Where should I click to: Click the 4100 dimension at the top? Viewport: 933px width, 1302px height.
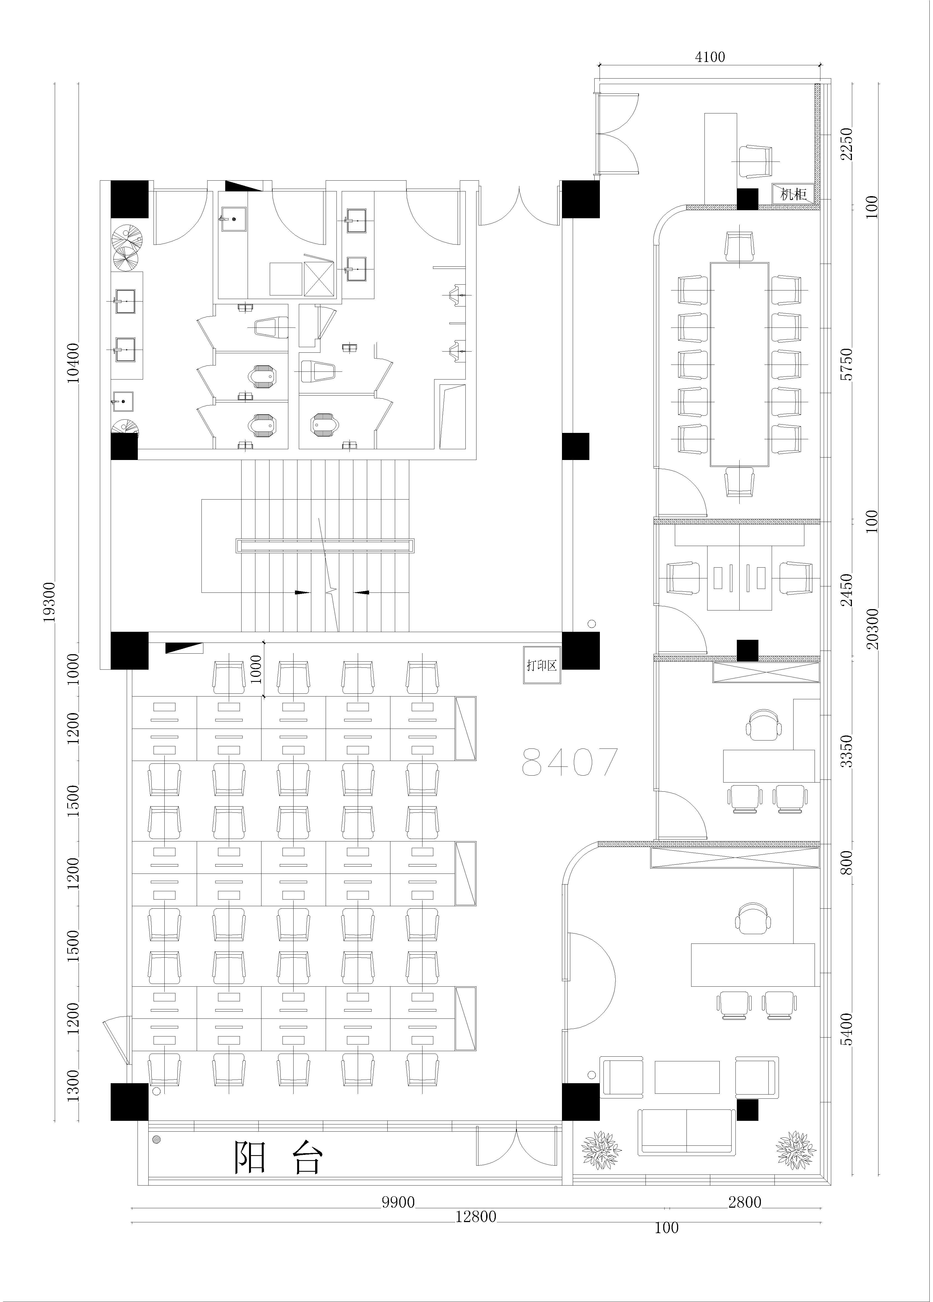point(710,57)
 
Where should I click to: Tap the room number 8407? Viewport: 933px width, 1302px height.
point(569,761)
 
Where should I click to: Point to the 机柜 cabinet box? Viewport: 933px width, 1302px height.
point(794,194)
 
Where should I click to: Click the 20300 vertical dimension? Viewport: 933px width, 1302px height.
point(872,629)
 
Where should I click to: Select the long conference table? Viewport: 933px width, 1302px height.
point(740,365)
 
